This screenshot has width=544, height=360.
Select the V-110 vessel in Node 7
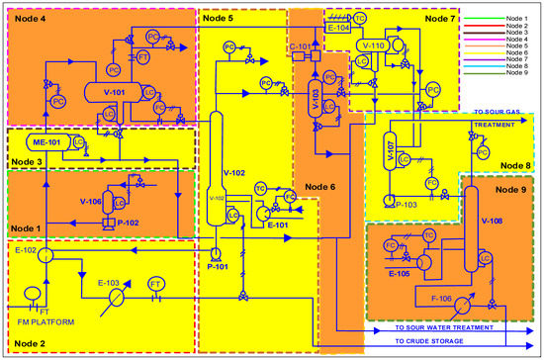[374, 46]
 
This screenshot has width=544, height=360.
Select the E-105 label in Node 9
[401, 272]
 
